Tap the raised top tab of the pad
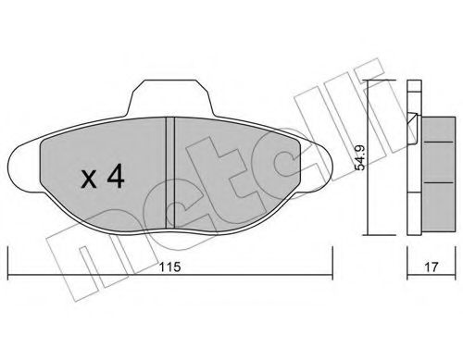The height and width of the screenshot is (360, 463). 172,94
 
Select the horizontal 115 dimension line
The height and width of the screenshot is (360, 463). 93,274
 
